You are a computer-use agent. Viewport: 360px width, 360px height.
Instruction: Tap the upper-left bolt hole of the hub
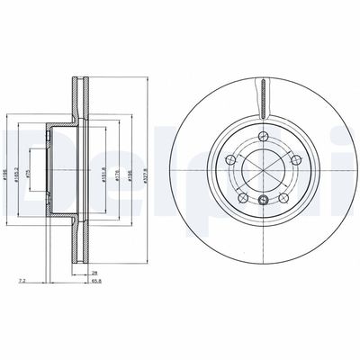tap(231, 159)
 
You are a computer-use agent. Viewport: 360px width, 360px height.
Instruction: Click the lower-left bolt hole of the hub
tap(242, 195)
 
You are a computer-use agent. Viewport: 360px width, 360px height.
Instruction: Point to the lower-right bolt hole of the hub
tap(282, 196)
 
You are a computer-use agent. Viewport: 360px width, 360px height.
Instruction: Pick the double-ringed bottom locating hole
tap(262, 200)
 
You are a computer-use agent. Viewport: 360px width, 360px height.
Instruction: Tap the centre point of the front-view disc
tap(262, 169)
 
